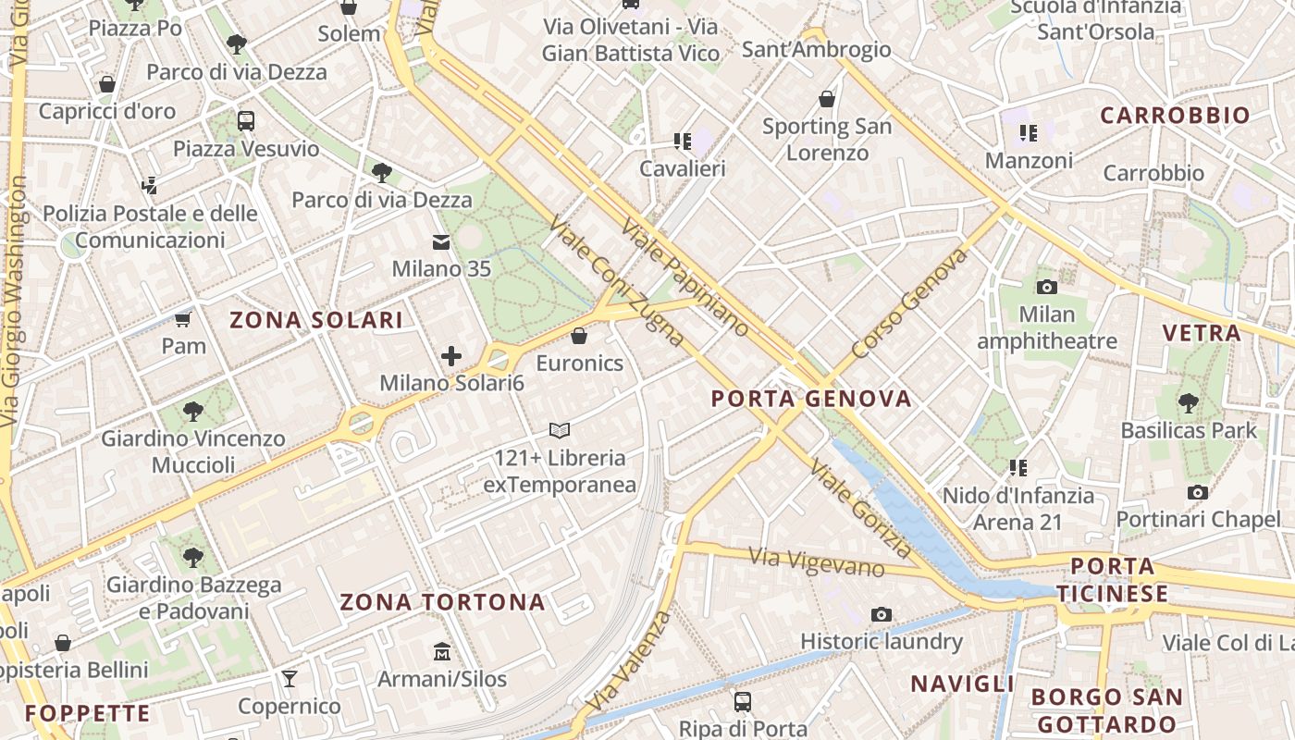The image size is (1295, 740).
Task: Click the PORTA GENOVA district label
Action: tap(811, 399)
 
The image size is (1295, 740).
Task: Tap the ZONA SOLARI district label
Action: tap(316, 320)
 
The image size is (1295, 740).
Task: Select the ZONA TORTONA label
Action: tap(442, 602)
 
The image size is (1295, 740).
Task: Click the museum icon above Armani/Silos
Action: tap(442, 652)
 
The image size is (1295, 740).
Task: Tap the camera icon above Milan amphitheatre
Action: tap(1047, 287)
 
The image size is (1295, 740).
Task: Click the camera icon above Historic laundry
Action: tap(881, 614)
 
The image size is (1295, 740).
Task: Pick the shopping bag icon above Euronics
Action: tap(579, 336)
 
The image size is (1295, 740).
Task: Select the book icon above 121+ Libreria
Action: tap(560, 430)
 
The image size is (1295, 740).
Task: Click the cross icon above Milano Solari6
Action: tap(451, 356)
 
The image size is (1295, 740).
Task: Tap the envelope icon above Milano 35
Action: tap(441, 242)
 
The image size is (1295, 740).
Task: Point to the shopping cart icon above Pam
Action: tap(183, 319)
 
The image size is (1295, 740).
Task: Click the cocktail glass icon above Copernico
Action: tap(290, 679)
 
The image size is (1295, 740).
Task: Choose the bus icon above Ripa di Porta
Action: tap(743, 701)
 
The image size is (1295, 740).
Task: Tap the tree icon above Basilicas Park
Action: tap(1189, 403)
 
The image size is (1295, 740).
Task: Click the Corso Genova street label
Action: tap(909, 303)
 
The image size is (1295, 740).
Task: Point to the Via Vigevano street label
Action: tap(817, 561)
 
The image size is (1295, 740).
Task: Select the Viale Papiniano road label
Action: tap(685, 277)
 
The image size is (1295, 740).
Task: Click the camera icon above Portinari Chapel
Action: tap(1198, 492)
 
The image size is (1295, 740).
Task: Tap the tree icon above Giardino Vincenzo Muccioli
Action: tap(193, 411)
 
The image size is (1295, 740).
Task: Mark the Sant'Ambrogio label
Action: tap(817, 49)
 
